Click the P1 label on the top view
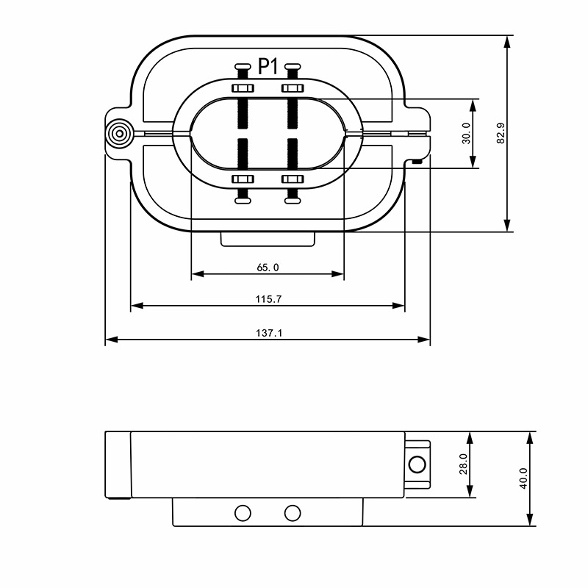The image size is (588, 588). [x=268, y=67]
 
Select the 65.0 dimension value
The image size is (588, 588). [x=268, y=268]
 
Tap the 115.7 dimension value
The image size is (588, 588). [x=268, y=299]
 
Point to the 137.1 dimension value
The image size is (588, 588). [x=268, y=333]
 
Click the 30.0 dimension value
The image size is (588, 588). [x=466, y=133]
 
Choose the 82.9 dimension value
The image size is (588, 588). [x=501, y=133]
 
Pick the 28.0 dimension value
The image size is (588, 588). [x=464, y=464]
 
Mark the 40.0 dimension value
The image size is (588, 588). [x=523, y=478]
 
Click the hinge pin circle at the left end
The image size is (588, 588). [x=119, y=134]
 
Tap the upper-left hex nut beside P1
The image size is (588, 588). [x=243, y=88]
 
